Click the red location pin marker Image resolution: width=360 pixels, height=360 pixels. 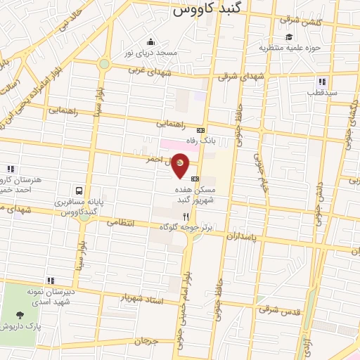(x=181, y=165)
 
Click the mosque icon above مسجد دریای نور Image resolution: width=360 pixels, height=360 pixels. (x=150, y=41)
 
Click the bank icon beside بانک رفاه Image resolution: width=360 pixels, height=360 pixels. (x=201, y=130)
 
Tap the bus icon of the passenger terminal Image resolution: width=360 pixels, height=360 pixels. (x=79, y=190)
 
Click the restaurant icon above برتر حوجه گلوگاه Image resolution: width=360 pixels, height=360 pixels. (x=186, y=217)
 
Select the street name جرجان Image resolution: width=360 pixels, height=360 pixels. (x=143, y=341)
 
